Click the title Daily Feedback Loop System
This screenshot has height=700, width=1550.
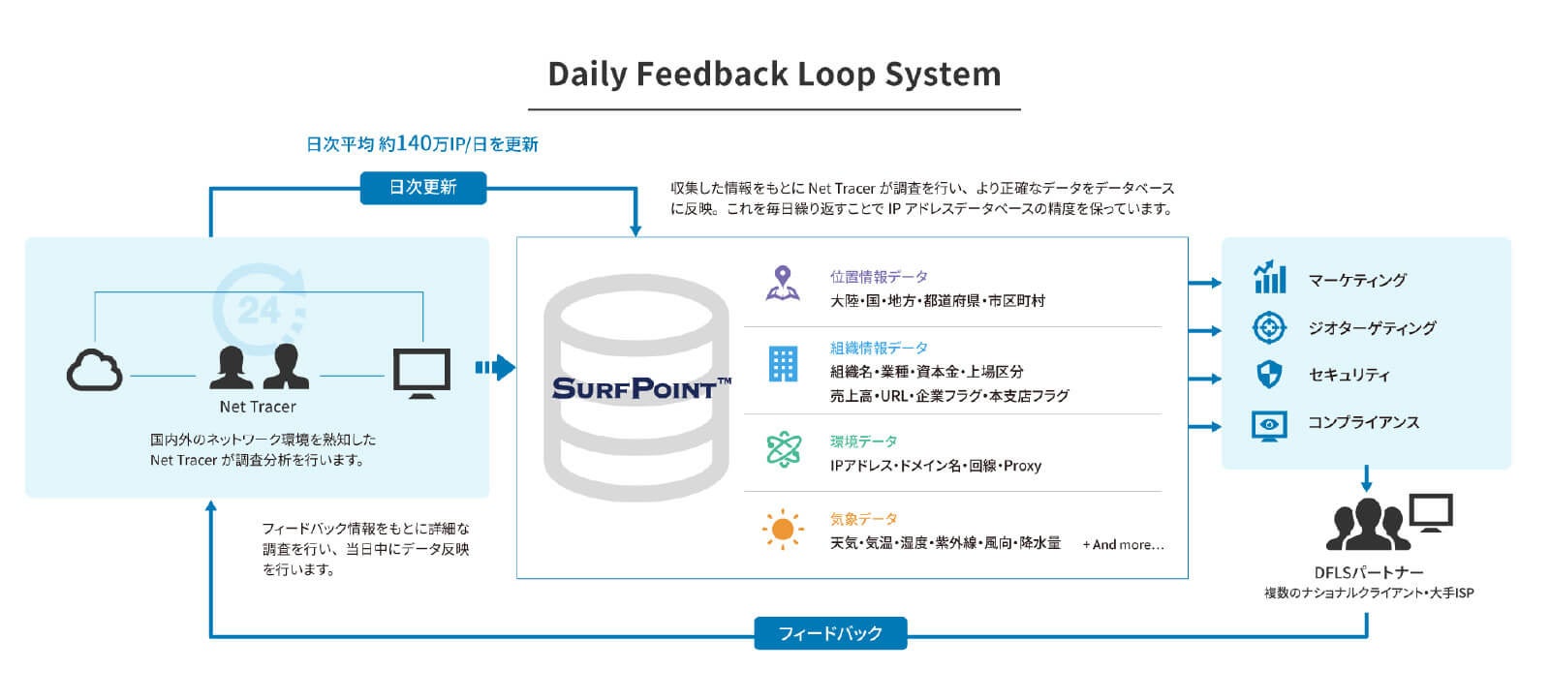pos(774,75)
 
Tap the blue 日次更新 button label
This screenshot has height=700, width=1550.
pos(422,187)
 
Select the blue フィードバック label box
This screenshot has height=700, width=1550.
pos(830,633)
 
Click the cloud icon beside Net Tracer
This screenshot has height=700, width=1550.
pos(94,370)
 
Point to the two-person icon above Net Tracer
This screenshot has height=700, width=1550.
pos(259,367)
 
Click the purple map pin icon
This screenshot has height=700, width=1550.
pos(783,284)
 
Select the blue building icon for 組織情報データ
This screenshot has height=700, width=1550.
pos(783,364)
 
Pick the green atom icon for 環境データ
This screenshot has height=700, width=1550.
pos(783,449)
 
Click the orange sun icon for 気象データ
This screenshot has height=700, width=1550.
pos(783,530)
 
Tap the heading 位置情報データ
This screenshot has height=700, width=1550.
pos(879,277)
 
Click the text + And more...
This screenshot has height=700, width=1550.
pos(1123,544)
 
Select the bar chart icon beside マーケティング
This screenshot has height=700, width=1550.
pos(1269,278)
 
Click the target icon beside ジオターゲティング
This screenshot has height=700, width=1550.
pos(1269,327)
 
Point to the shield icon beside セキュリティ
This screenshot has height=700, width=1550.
pos(1269,375)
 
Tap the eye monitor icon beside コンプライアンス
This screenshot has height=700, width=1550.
pos(1269,424)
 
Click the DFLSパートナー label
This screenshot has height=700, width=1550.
pos(1369,572)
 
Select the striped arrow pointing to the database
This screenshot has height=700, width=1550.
pos(495,367)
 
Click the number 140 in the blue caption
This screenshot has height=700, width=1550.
pos(413,143)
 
